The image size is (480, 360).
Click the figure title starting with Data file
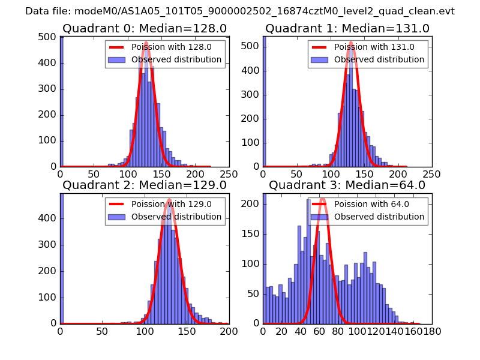240,11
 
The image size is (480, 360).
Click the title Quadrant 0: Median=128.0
145,28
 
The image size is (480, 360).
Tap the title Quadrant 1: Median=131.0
347,28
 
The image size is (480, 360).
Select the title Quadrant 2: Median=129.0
145,185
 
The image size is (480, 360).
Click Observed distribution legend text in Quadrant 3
379,217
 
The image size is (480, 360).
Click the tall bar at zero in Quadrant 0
61,102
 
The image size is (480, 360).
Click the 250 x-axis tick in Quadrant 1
431,173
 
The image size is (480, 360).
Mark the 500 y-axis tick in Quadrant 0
49,37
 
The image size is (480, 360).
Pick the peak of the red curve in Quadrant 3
322,199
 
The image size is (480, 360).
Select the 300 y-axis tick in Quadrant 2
49,245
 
